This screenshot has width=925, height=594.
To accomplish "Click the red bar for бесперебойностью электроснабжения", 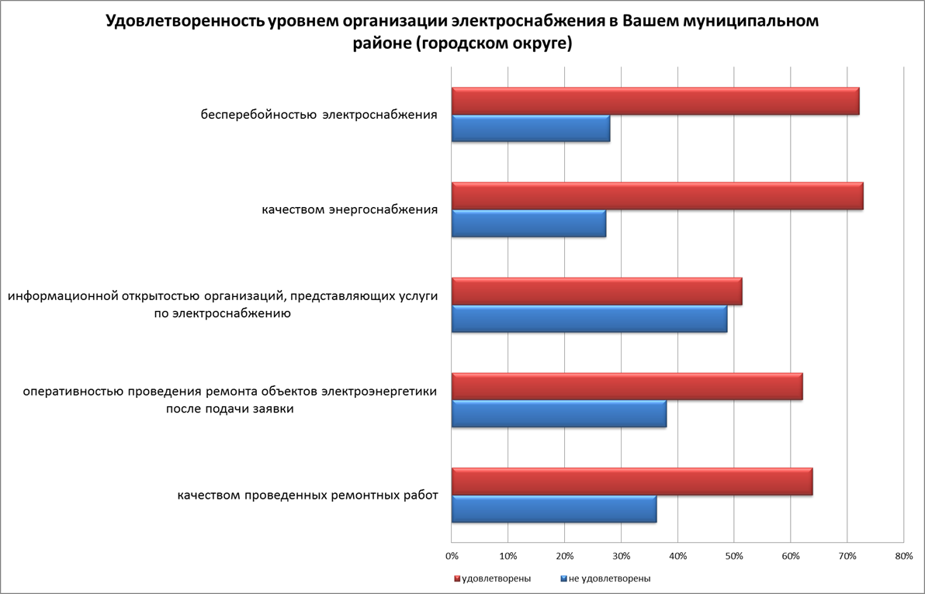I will (x=655, y=102).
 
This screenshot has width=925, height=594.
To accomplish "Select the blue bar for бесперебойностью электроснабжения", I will (x=531, y=128).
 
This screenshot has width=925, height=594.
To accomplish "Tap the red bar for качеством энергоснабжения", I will (x=657, y=197).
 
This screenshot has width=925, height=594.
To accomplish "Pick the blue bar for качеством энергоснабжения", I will (x=528, y=223).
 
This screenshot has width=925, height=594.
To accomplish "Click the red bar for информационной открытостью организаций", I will (x=597, y=292).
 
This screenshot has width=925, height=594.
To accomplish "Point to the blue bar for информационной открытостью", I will (x=589, y=319).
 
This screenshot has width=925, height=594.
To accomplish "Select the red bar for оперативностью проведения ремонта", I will (x=627, y=387).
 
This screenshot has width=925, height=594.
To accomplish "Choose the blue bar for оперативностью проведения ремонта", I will (x=559, y=413).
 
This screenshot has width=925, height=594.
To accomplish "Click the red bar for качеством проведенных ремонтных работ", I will (x=632, y=482).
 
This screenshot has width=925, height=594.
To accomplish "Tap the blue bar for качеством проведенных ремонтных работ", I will (x=554, y=509).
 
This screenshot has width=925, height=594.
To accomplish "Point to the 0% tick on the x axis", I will (x=452, y=556).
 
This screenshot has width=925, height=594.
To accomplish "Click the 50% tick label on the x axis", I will (x=734, y=556).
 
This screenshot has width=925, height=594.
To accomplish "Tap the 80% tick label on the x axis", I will (x=903, y=556).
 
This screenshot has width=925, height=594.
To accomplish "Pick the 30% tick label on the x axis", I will (x=621, y=556).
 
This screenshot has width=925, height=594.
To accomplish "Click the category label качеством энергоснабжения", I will (x=349, y=209).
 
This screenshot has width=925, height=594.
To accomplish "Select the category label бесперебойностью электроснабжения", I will (x=319, y=115).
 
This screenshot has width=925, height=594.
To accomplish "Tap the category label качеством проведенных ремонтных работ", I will (x=307, y=496).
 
